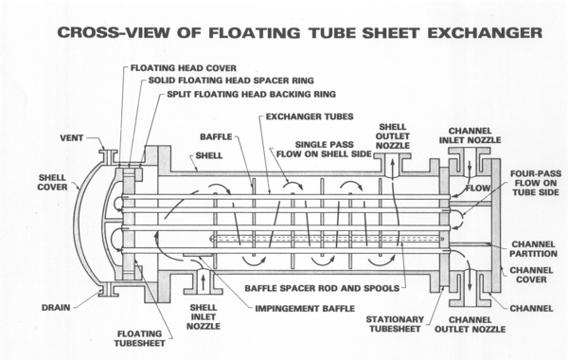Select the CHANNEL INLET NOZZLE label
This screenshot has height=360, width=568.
474,135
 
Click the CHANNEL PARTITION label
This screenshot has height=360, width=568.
529,248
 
